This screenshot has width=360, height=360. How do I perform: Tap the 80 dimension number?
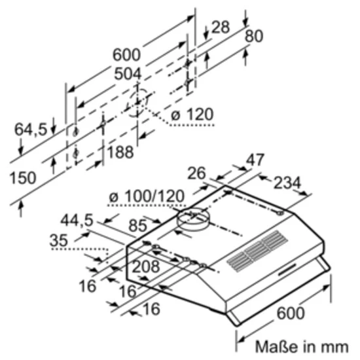coord(253,36)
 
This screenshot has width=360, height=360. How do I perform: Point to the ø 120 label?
coord(191,115)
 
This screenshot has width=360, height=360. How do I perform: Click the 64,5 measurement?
coord(31,130)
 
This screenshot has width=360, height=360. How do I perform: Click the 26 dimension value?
coord(195,173)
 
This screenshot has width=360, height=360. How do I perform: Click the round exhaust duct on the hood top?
coord(192,221)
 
